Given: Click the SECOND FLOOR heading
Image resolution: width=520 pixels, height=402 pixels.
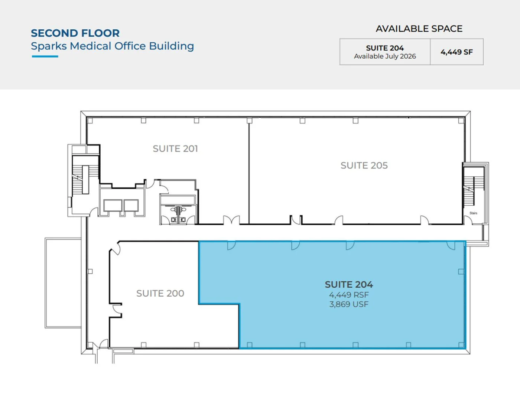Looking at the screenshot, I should (x=75, y=33).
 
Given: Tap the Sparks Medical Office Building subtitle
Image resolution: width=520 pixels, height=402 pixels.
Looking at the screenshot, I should (x=112, y=46).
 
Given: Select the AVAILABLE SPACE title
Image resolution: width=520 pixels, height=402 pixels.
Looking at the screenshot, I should (x=419, y=29).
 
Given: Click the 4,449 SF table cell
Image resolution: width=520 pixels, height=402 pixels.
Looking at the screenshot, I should (x=456, y=52).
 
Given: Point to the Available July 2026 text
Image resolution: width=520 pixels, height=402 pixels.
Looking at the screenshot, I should (x=385, y=56).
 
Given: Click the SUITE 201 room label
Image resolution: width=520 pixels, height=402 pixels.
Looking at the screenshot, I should (x=175, y=148).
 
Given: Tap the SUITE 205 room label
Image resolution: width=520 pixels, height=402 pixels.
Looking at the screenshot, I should (x=364, y=165).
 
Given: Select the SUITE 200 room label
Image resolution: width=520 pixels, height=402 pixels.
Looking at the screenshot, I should (x=160, y=293).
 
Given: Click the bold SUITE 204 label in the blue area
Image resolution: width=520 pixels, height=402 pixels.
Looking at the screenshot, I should (x=349, y=284).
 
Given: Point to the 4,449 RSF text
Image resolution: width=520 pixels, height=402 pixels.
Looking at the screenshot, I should (x=349, y=295).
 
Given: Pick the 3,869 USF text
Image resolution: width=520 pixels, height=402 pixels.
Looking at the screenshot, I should (x=349, y=304).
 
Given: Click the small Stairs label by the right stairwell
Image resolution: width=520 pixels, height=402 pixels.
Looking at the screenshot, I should (x=473, y=213).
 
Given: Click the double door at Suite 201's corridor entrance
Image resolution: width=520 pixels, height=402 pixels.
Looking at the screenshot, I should (x=231, y=220).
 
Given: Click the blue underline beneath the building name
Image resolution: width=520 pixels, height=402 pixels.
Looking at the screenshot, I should (x=45, y=56).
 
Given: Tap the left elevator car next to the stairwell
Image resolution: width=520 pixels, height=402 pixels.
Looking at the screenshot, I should (x=113, y=206).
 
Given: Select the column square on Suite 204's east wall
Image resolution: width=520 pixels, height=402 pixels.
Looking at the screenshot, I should (x=461, y=272).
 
